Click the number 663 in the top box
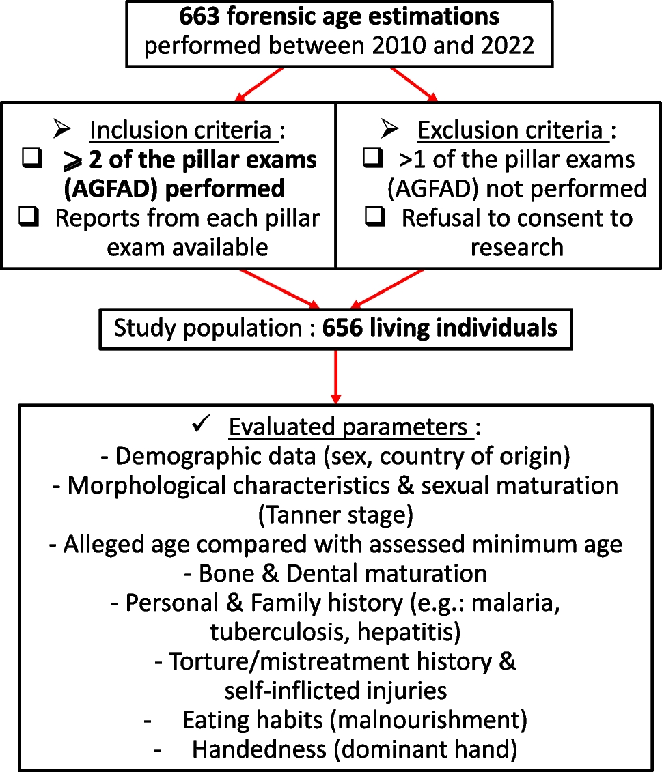199,16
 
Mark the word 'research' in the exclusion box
517,246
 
